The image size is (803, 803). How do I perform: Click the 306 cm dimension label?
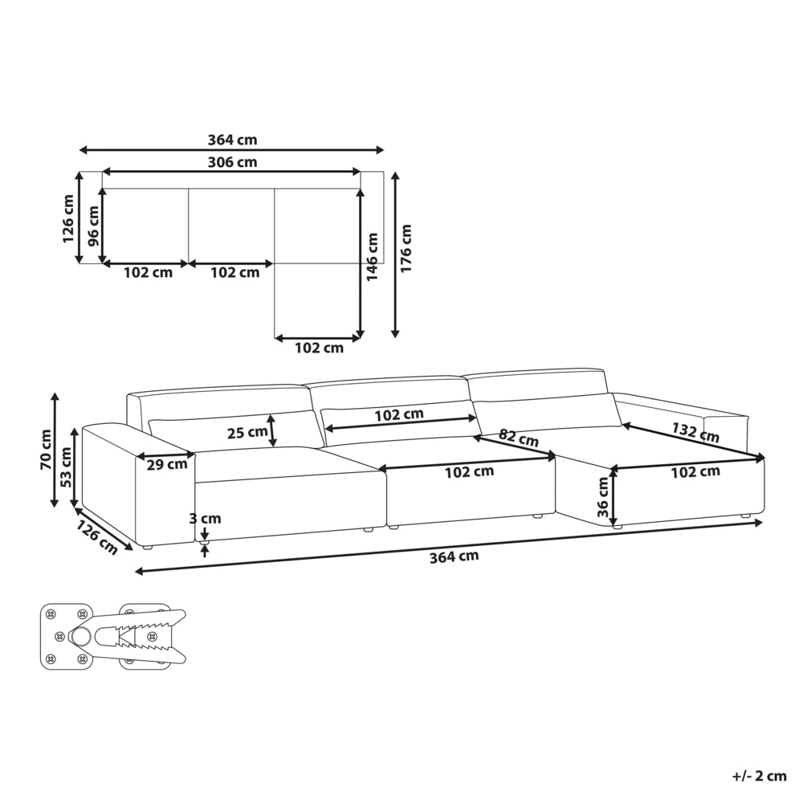[x=232, y=162]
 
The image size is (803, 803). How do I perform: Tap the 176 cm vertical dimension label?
[x=406, y=248]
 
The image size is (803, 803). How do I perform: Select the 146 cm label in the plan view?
[x=373, y=257]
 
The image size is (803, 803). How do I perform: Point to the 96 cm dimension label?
[x=94, y=226]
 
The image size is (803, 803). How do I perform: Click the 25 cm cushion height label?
[x=247, y=433]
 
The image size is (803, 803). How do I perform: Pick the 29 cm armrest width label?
[x=167, y=465]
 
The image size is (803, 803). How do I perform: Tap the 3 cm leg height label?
[x=205, y=518]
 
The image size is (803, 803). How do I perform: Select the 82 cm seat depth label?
[x=518, y=438]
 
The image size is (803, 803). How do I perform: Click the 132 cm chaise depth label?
[x=695, y=432]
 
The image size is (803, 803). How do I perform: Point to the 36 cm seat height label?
[x=602, y=497]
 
